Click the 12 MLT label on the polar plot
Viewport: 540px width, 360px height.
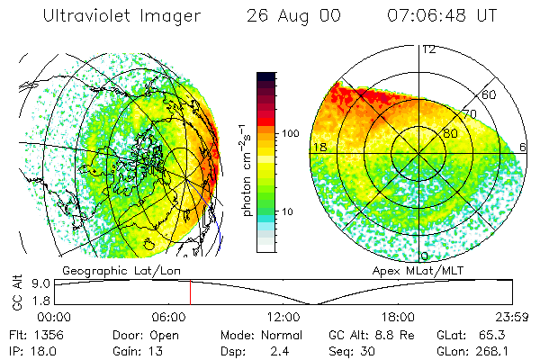(x=428, y=49)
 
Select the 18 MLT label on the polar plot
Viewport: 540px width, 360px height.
(x=319, y=147)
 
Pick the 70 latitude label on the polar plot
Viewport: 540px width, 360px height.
(x=469, y=115)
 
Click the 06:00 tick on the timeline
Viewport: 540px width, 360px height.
(x=169, y=317)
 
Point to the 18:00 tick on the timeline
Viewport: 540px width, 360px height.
(x=398, y=317)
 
